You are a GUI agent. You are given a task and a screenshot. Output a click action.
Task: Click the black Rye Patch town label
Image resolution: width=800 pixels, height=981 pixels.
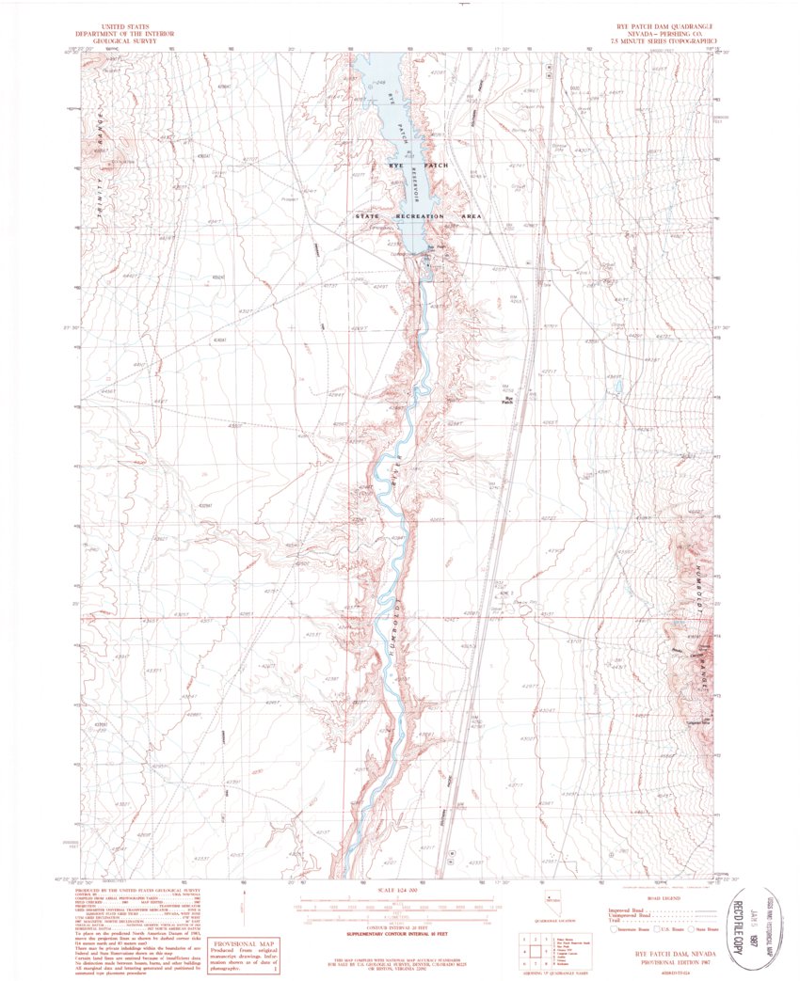tap(511, 400)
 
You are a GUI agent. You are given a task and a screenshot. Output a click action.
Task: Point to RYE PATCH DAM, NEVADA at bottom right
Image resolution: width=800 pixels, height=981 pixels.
tap(659, 951)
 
